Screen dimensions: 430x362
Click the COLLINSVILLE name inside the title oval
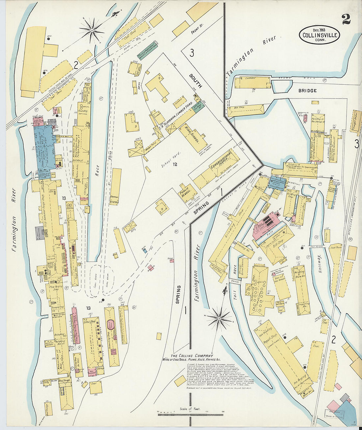[319, 35]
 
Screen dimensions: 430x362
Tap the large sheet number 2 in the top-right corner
[346, 19]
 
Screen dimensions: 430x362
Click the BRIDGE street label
[307, 90]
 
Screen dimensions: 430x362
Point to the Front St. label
[198, 32]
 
